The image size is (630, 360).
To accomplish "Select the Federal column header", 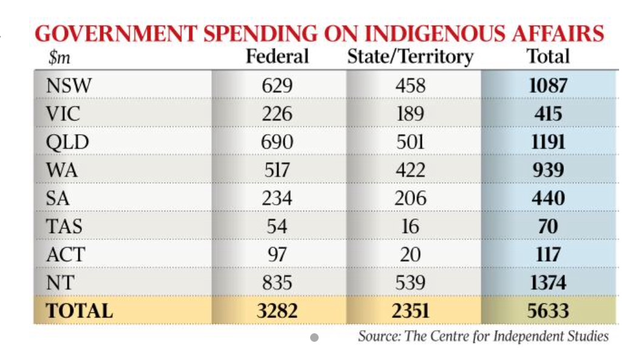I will [x=277, y=56].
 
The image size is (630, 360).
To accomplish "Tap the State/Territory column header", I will [x=410, y=56].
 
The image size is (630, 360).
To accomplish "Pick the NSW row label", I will [x=68, y=86].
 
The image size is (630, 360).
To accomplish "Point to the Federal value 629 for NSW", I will [x=277, y=86].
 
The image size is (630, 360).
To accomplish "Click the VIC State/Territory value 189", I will [x=410, y=114].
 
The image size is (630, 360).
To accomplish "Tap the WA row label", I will [x=62, y=170].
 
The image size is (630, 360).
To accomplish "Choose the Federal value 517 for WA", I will [x=277, y=170].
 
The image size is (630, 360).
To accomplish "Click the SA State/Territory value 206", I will [x=410, y=198].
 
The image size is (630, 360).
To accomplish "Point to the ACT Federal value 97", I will [x=277, y=254].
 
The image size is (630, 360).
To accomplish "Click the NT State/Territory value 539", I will [x=410, y=282].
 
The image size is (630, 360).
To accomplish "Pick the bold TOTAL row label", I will [x=80, y=311].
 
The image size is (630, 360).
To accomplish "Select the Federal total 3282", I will [x=277, y=311].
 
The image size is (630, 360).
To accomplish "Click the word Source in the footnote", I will [x=376, y=336].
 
